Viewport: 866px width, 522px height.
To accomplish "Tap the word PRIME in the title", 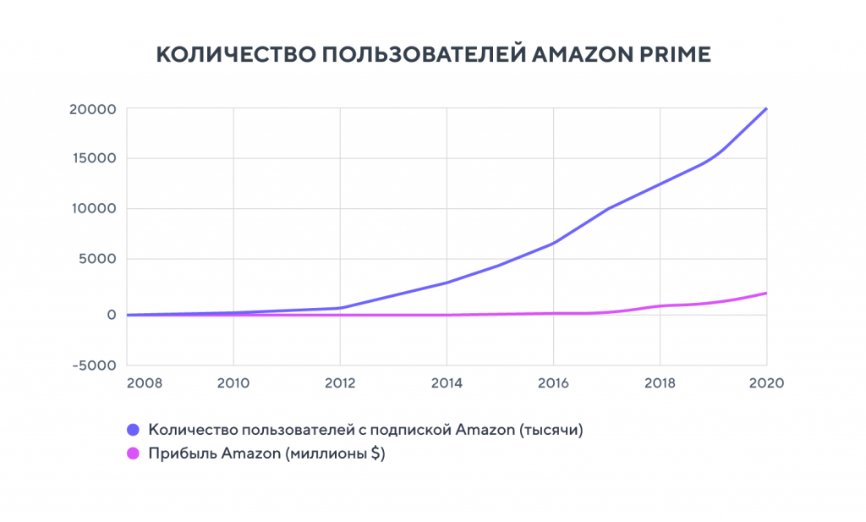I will pos(678,54).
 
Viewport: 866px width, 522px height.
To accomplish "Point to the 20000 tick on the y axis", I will pos(92,109).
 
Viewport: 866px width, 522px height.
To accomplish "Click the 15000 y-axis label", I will pos(92,158).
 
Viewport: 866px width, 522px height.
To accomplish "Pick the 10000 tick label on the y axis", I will pos(92,209).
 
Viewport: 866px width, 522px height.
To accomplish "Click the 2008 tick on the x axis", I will pos(143,382).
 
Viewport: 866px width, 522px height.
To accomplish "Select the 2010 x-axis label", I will pos(233,382).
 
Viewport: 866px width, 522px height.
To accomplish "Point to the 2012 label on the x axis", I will pos(339,382).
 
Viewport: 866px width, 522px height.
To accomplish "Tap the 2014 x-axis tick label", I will pos(446,382).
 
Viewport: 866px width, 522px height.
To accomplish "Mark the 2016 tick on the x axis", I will pos(552,382).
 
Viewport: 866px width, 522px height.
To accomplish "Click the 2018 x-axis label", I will pos(659,382).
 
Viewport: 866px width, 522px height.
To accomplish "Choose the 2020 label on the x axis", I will pos(766,382).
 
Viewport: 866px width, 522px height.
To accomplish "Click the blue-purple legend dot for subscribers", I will pos(133,430).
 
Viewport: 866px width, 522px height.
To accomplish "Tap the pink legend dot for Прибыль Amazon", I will pos(133,454).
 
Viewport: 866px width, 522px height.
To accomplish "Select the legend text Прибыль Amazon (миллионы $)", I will pos(266,454).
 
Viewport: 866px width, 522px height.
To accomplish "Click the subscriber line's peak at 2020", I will pos(766,108).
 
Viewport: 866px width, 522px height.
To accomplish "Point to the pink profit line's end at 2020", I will pos(766,293).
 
